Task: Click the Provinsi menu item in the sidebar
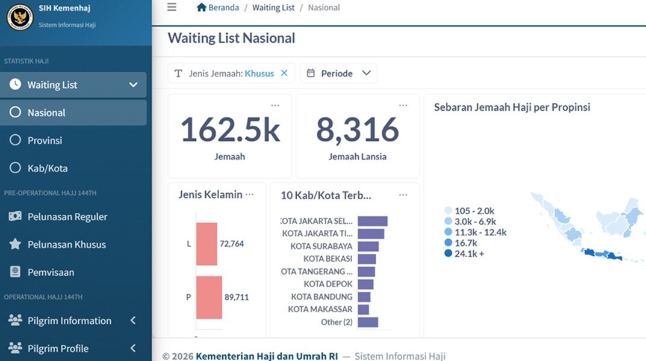(45, 140)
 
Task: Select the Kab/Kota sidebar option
(48, 168)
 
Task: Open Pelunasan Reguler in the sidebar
(67, 217)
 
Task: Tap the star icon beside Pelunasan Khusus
(15, 244)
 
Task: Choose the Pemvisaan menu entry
(51, 272)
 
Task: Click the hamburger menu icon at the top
(172, 7)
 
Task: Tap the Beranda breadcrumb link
(223, 7)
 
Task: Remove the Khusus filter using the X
(284, 73)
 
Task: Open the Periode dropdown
(339, 73)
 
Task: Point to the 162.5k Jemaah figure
(230, 130)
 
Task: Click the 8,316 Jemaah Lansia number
(358, 130)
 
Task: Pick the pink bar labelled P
(209, 297)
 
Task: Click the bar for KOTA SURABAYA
(368, 246)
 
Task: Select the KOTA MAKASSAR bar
(364, 309)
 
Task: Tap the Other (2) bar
(368, 322)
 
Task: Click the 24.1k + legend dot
(449, 253)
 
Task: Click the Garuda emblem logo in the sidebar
(20, 17)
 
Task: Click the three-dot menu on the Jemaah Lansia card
(403, 105)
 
